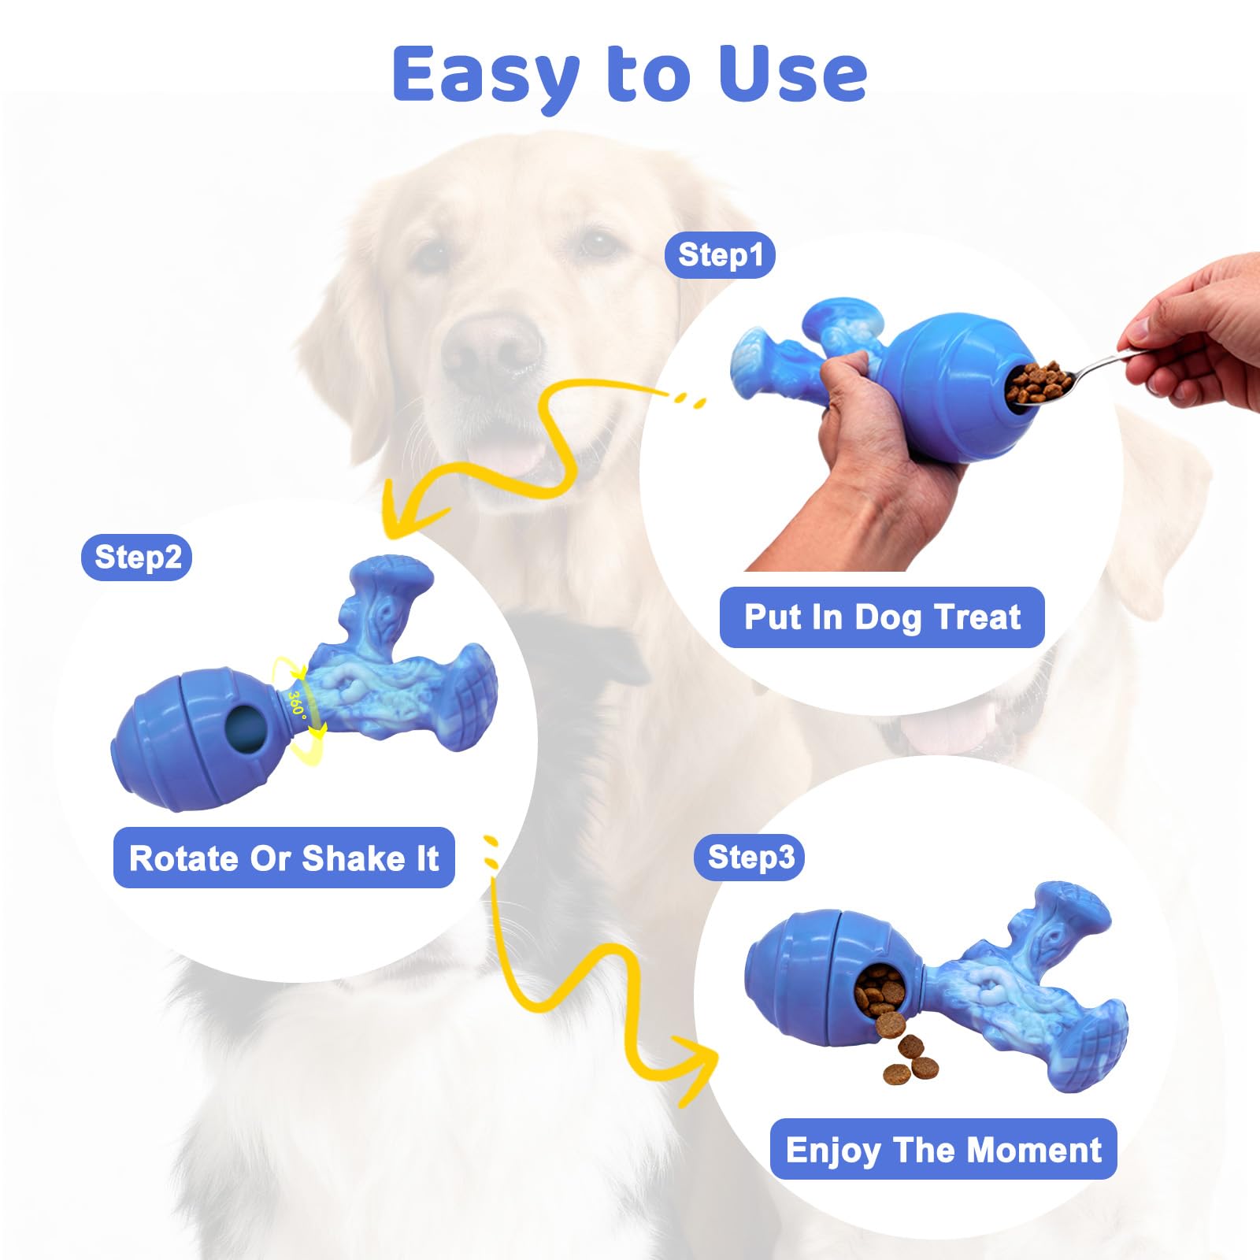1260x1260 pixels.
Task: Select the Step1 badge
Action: tap(720, 255)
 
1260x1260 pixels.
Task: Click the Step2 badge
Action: tap(137, 558)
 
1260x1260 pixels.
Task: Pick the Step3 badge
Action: tap(750, 857)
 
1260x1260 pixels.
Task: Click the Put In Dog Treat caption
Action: tap(882, 617)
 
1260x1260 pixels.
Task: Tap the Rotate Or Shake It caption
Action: tap(284, 858)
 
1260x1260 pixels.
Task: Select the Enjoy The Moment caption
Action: tap(943, 1150)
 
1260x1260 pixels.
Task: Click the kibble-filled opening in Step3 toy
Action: tap(880, 994)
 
